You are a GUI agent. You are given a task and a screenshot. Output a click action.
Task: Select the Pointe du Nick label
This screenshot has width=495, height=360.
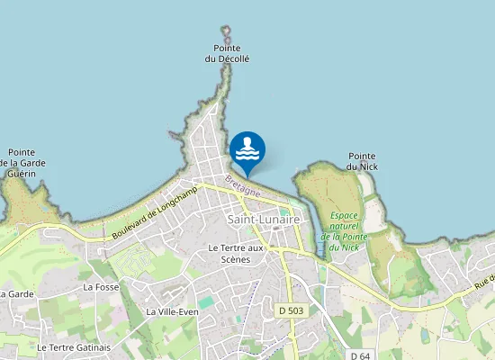[x=361, y=161]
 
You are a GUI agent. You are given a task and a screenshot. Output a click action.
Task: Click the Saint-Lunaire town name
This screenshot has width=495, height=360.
[x=264, y=219]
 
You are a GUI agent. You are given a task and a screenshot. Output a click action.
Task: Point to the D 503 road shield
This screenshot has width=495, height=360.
[x=289, y=310]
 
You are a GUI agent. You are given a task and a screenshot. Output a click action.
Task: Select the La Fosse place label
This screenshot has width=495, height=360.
[x=100, y=287]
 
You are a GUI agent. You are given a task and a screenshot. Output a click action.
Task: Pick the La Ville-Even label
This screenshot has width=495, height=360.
[x=171, y=311]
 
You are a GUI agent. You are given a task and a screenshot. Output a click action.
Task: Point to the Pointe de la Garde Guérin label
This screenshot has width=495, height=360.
[x=22, y=163]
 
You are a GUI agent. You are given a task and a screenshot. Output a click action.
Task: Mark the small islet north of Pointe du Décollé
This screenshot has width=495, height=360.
[x=226, y=31]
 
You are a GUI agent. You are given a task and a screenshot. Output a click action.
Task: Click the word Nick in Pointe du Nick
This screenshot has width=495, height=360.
[x=361, y=166]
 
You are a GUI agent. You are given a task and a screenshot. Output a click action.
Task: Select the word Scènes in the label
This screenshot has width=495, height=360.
[x=236, y=259]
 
